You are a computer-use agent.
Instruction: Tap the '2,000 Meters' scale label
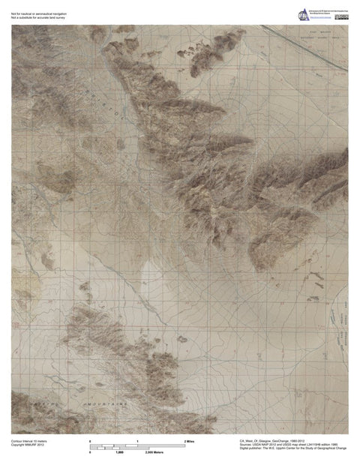tap(154, 453)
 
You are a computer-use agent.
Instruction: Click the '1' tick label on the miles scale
tap(137, 441)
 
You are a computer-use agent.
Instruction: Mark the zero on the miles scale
tap(91, 441)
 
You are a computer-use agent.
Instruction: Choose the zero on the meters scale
tap(91, 453)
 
